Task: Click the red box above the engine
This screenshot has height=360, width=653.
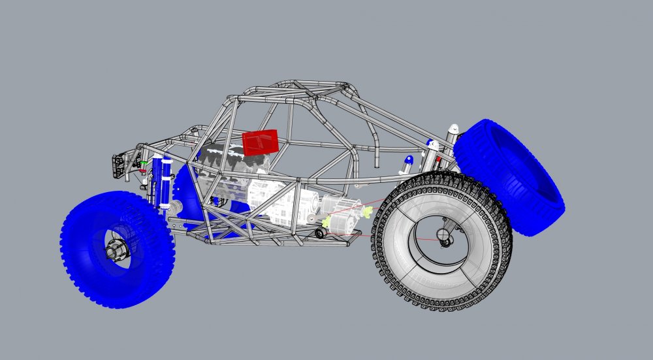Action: [x=261, y=142]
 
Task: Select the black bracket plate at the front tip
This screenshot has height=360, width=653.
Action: [x=118, y=167]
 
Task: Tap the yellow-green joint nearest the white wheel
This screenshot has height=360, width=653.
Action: [x=368, y=212]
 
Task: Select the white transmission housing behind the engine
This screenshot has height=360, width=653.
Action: [x=274, y=199]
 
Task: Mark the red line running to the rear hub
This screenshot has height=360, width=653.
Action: [x=405, y=232]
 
